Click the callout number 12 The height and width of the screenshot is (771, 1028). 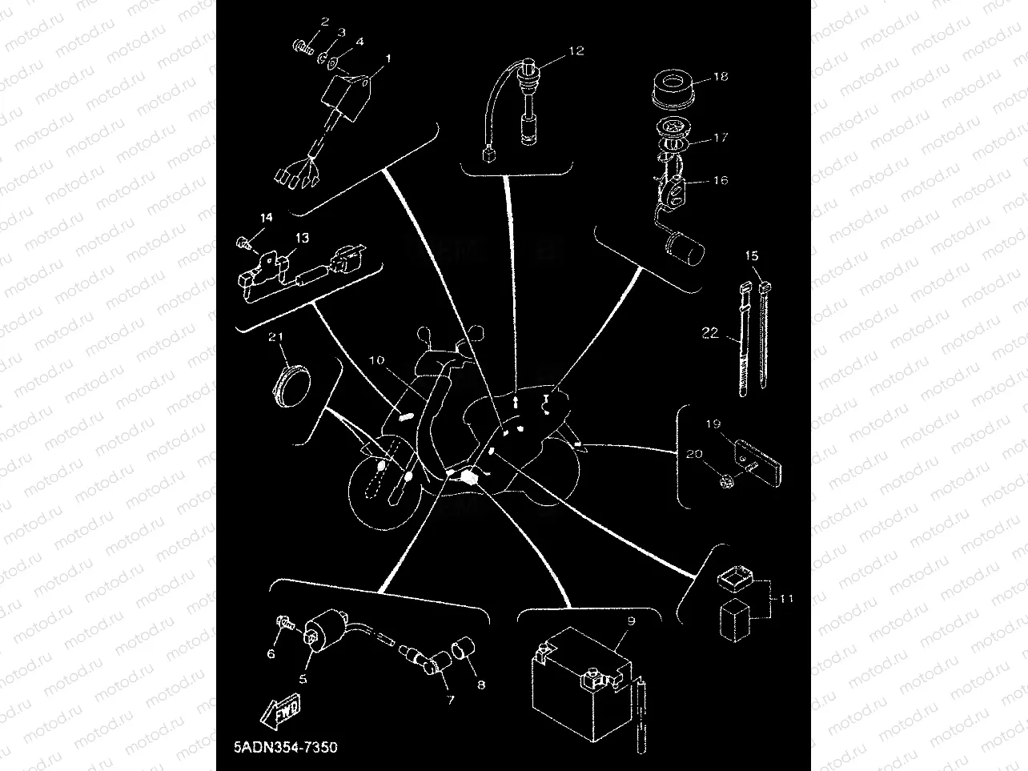pos(576,50)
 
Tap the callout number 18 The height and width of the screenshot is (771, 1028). pos(721,77)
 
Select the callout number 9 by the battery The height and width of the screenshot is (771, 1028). pos(631,620)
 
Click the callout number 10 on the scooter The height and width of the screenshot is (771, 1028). pos(377,361)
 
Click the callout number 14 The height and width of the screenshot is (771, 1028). pos(265,218)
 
